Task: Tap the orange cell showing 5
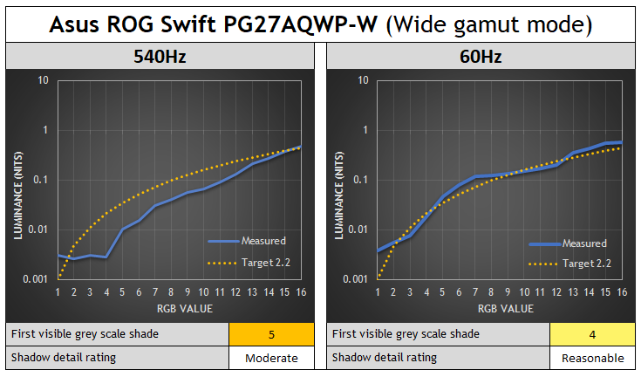point(270,334)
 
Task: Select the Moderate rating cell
point(270,358)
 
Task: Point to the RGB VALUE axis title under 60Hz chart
point(500,308)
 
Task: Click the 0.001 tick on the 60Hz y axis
point(360,279)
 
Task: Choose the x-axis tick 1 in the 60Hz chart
point(378,292)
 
